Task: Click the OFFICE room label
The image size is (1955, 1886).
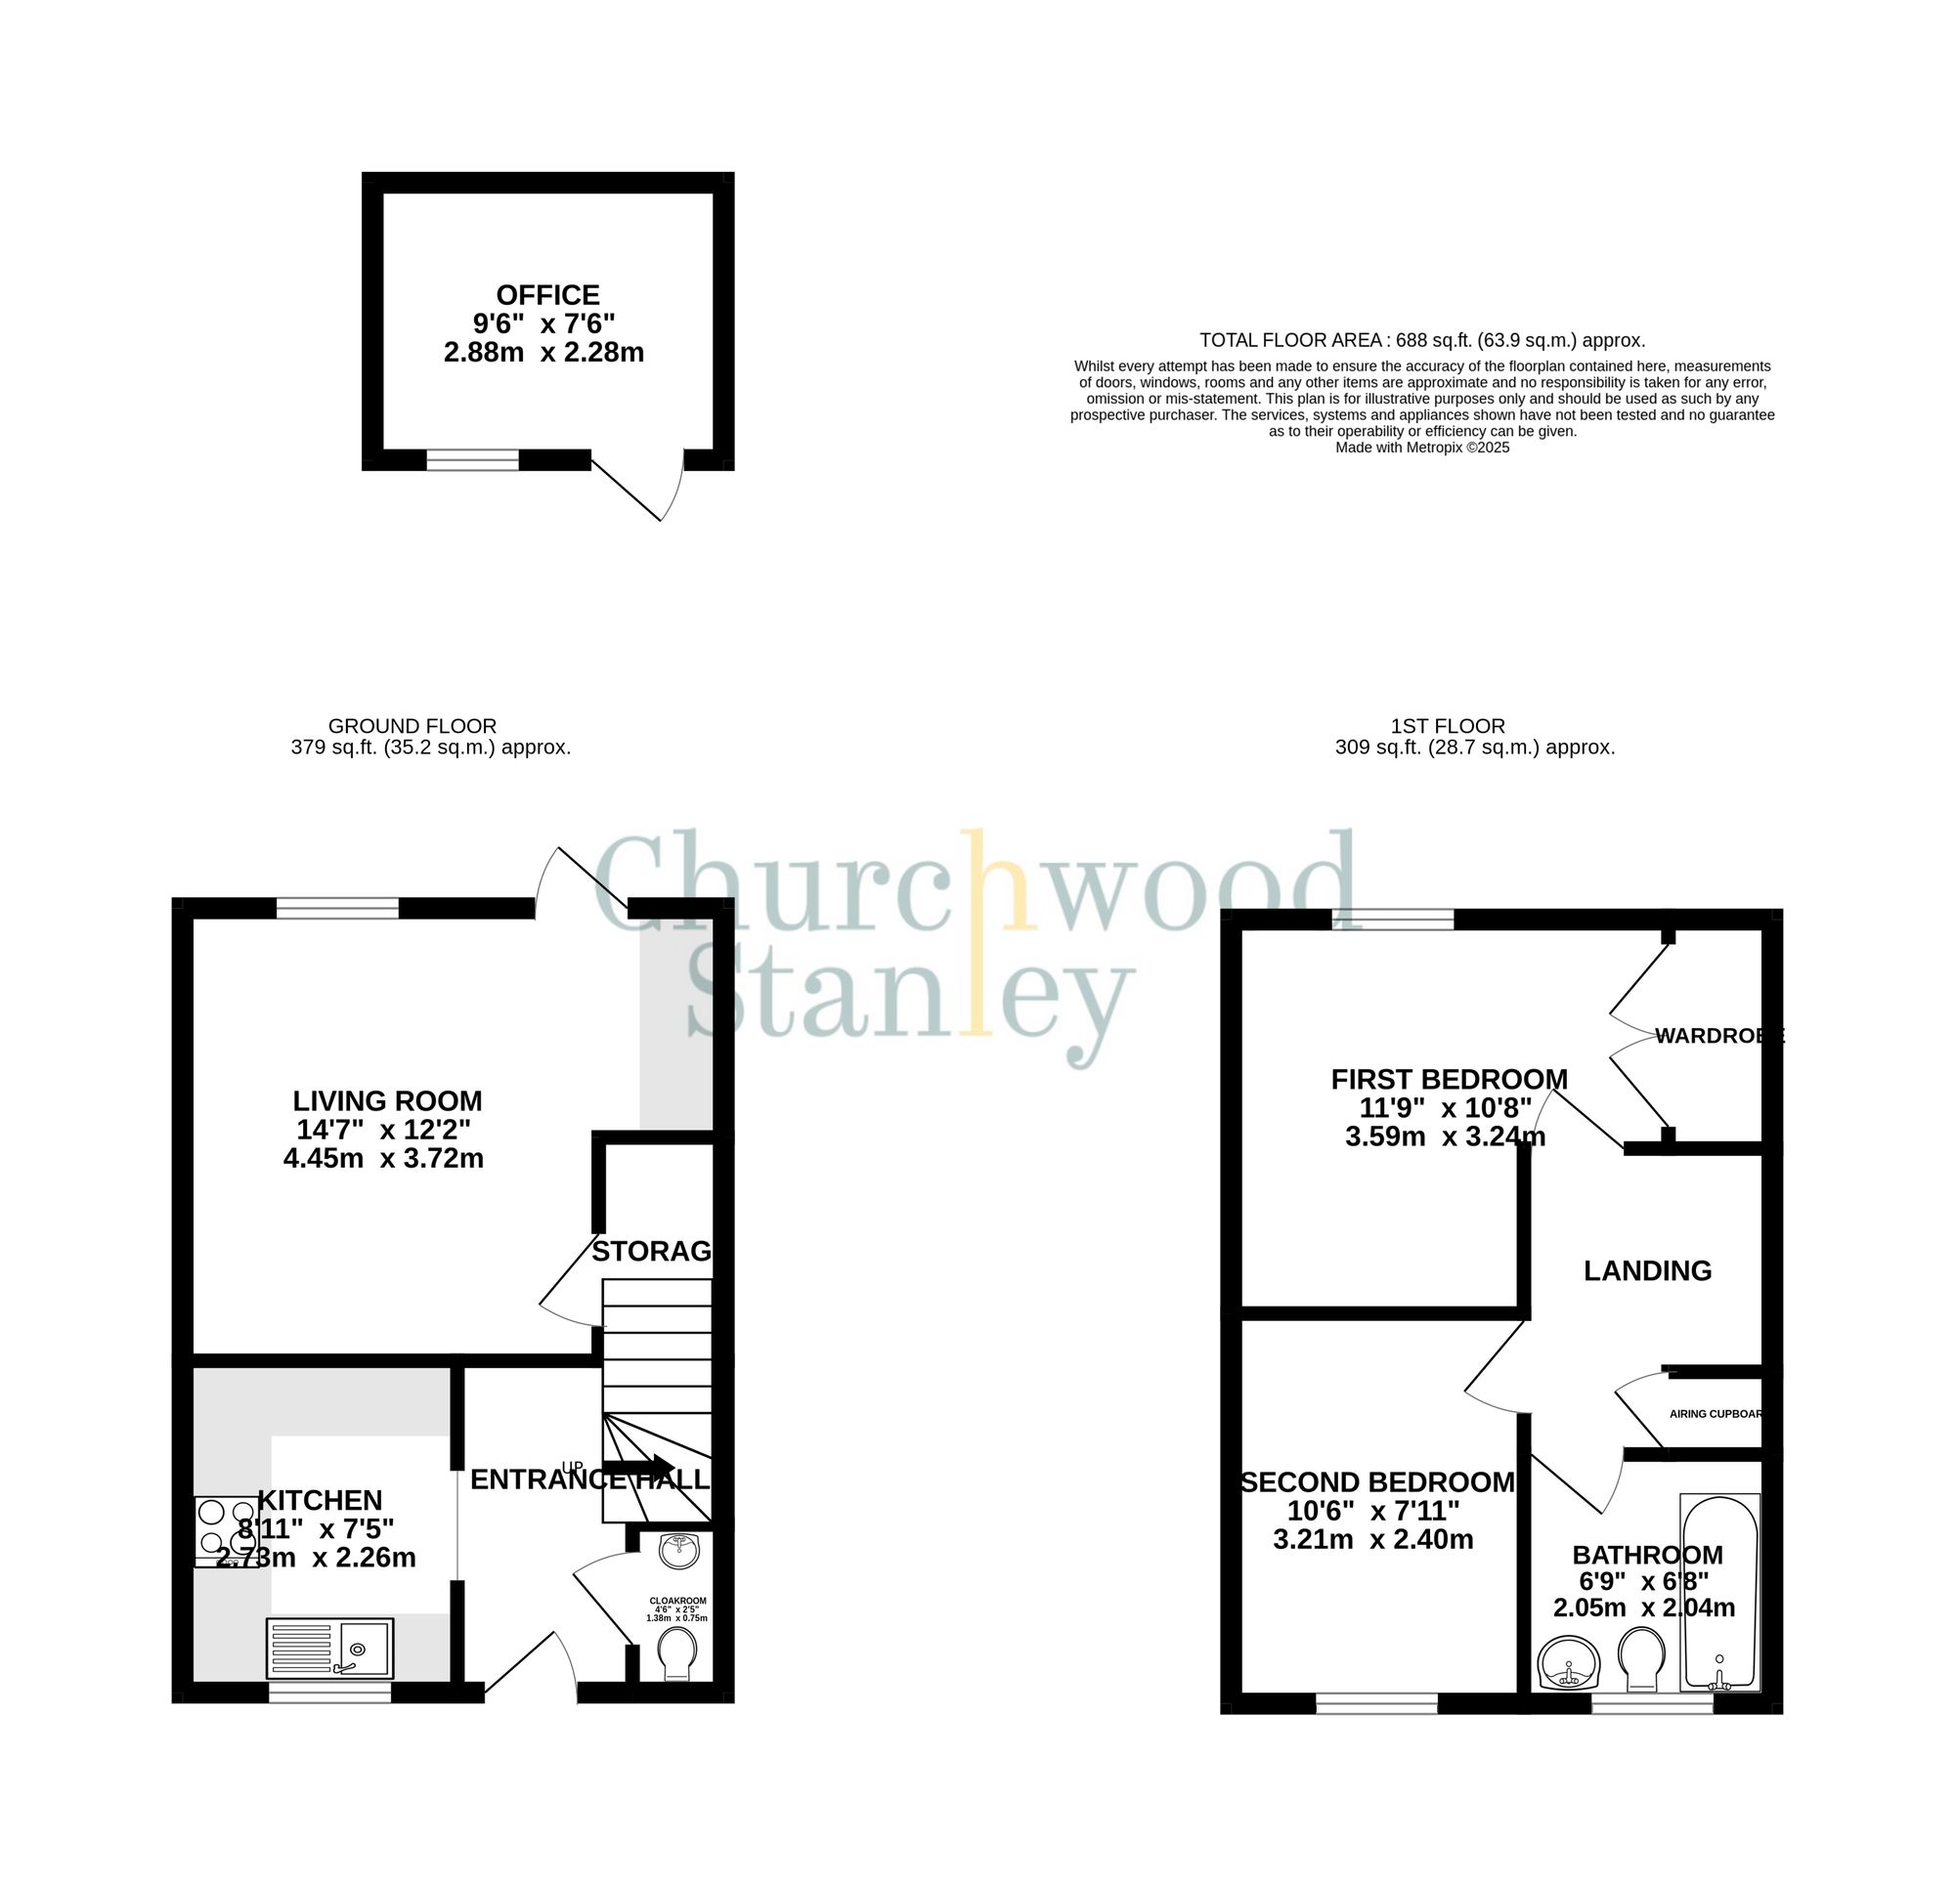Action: tap(547, 295)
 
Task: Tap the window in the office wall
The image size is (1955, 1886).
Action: tap(473, 460)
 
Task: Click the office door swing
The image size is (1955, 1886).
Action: tap(638, 489)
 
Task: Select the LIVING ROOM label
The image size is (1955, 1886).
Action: tap(387, 1101)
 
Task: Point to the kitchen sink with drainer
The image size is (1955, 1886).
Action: tap(330, 1648)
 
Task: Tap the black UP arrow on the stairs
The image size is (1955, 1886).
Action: tap(638, 1465)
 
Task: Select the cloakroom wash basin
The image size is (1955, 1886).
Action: tap(680, 1550)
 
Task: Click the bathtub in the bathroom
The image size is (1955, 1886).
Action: tap(1718, 1592)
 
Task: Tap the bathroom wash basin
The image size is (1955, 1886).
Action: tap(1568, 1663)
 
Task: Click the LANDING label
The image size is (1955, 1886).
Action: tap(1648, 1270)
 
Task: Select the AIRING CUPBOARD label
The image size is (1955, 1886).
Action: tap(1716, 1414)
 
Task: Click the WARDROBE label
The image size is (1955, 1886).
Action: tap(1717, 1036)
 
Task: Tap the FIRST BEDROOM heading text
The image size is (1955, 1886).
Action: tap(1450, 1079)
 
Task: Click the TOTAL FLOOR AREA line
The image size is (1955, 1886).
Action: tap(1422, 340)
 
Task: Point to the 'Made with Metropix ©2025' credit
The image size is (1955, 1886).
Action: tap(1422, 448)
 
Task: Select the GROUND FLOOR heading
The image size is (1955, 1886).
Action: tap(412, 726)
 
